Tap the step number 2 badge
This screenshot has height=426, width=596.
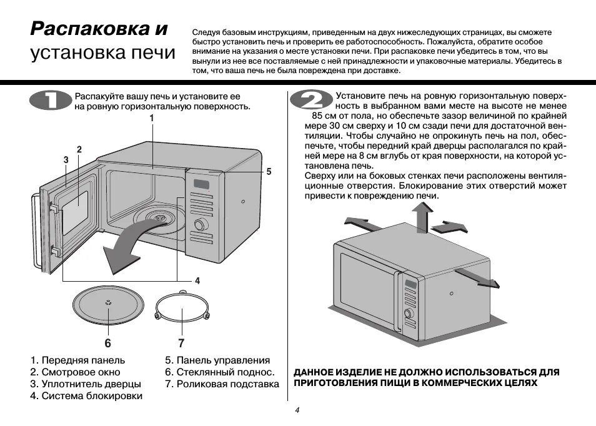point(310,101)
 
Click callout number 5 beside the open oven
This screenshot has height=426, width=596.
point(269,171)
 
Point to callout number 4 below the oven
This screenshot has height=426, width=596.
point(197,280)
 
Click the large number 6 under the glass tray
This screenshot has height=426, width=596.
point(107,343)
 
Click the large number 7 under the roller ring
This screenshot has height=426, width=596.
point(181,343)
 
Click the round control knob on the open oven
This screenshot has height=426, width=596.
point(201,225)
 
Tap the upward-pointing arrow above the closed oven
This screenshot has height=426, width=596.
point(422,215)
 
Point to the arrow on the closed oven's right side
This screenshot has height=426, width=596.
point(477,278)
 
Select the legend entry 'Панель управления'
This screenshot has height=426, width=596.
point(217,360)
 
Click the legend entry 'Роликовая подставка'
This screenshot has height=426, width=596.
point(222,384)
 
